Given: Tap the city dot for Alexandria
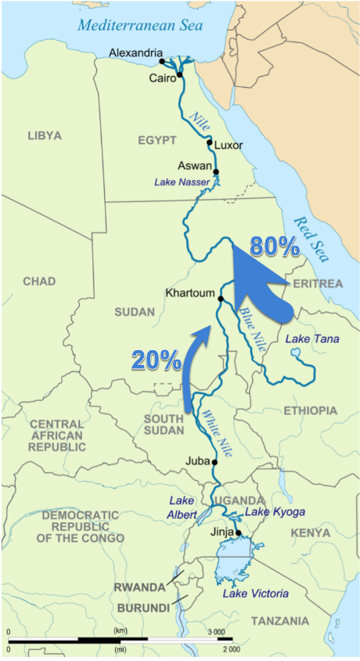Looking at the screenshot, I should pyautogui.click(x=161, y=61).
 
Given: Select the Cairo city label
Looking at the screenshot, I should pyautogui.click(x=164, y=79).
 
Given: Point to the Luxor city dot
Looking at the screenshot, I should pyautogui.click(x=209, y=143).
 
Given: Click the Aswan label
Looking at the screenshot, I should pyautogui.click(x=194, y=166).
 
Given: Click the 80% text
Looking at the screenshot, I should pyautogui.click(x=275, y=247).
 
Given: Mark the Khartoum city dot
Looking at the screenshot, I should pyautogui.click(x=221, y=298).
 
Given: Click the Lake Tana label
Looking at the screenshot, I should pyautogui.click(x=308, y=338).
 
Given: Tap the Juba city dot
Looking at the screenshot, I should pyautogui.click(x=214, y=462).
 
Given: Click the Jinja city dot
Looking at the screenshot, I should pyautogui.click(x=238, y=533).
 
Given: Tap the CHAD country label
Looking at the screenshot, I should pyautogui.click(x=39, y=281).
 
